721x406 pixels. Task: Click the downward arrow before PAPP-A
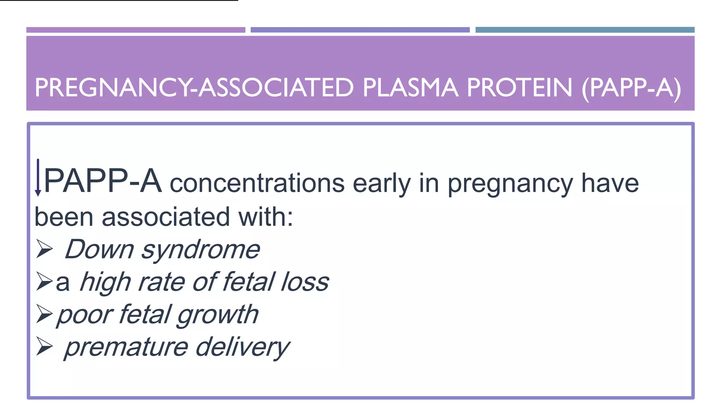(38, 178)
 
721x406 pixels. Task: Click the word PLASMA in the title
(410, 88)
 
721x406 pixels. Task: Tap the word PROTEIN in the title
(519, 88)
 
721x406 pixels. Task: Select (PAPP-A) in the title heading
(631, 88)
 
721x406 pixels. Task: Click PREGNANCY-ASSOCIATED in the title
(194, 88)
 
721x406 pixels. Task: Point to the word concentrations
(257, 183)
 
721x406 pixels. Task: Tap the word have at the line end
(610, 183)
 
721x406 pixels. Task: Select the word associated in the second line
(165, 217)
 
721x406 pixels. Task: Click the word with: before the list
(266, 217)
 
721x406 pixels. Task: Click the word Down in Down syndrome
(99, 250)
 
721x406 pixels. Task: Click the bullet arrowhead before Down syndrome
(44, 249)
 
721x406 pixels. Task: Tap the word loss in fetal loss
(305, 282)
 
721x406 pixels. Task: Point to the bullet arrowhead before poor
(44, 314)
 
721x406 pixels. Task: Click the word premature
(126, 347)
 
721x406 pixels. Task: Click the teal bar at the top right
(585, 30)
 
